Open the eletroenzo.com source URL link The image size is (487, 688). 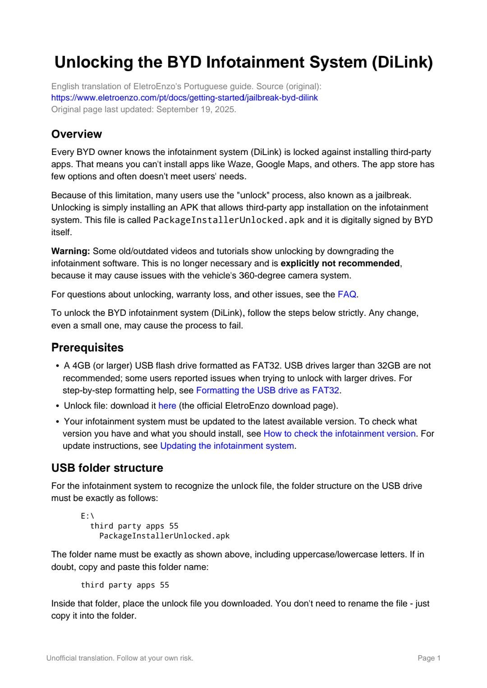[184, 97]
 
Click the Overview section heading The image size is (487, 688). [77, 134]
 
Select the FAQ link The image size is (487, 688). [347, 294]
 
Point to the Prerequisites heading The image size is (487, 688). [87, 347]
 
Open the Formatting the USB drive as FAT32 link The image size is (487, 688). [267, 390]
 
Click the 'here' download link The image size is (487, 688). [167, 406]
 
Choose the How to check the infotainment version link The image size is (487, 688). [339, 433]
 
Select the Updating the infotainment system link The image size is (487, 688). [227, 446]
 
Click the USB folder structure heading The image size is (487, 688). [107, 468]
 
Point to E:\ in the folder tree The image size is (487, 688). [87, 516]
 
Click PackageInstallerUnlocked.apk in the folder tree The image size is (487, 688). [164, 536]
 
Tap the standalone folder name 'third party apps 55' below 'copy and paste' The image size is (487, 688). [125, 585]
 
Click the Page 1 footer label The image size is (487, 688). [429, 658]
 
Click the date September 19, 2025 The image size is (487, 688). [196, 109]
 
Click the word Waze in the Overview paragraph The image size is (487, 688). [239, 164]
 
